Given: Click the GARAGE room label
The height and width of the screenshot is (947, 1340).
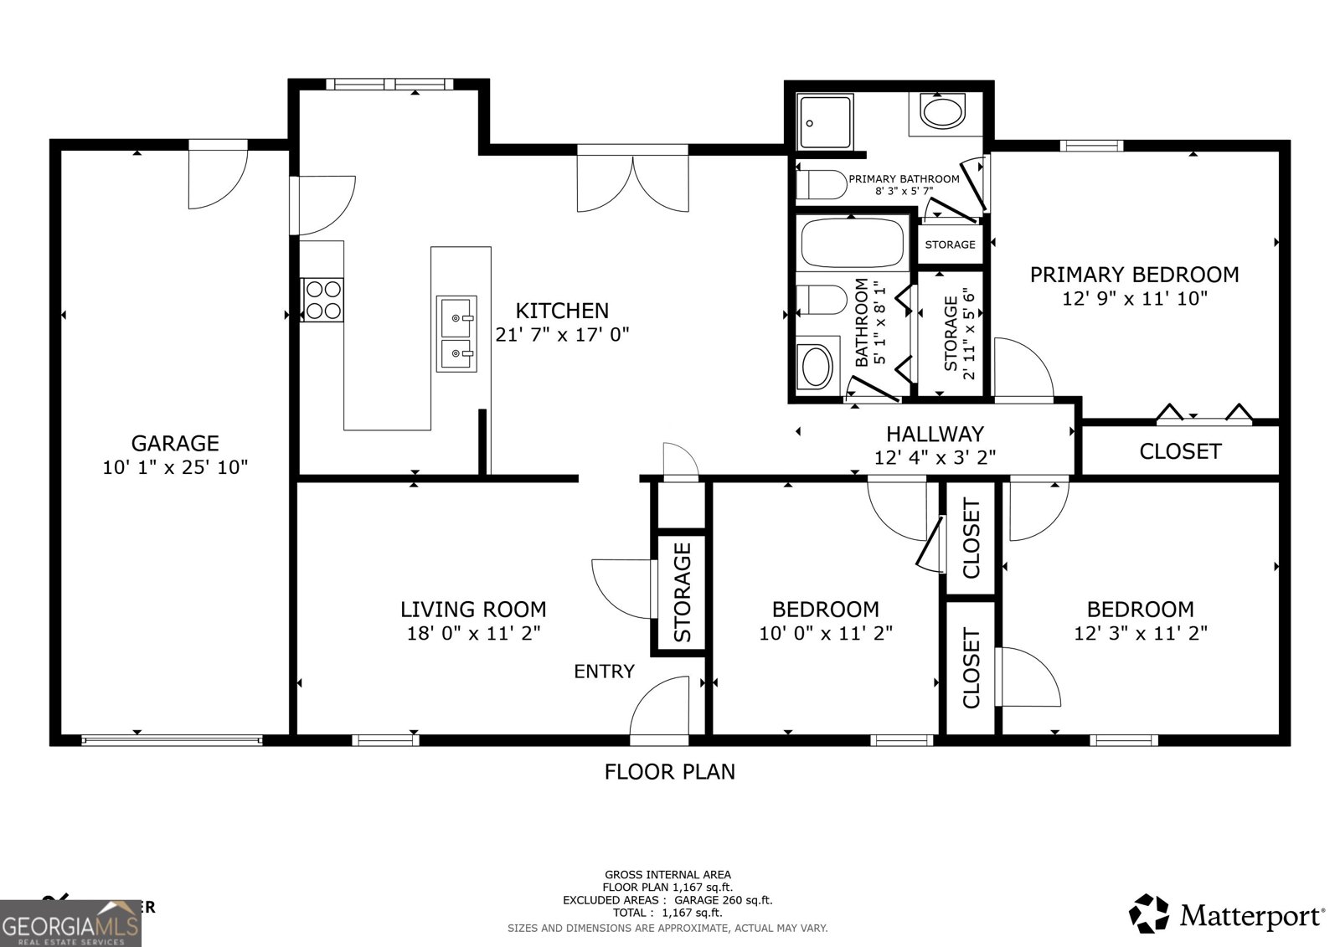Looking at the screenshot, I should [175, 443].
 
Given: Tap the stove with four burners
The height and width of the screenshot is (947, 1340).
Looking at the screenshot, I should [323, 300].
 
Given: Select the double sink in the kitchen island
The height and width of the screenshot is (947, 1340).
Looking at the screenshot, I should [456, 333].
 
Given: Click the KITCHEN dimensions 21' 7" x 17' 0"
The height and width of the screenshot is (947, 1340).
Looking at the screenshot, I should [562, 334].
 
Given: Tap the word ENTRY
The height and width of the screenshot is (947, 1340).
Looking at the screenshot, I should [604, 671].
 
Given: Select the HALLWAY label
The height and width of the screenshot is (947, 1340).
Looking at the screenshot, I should [935, 434].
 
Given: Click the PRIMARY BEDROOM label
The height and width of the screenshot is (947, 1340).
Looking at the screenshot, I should [1134, 275].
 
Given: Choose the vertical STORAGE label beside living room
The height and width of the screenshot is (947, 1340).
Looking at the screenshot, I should [683, 591].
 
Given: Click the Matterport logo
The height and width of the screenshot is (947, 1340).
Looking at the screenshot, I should [1227, 914].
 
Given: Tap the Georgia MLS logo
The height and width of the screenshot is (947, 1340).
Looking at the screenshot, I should [71, 924].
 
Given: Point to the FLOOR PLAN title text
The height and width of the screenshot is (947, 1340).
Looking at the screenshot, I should [669, 771].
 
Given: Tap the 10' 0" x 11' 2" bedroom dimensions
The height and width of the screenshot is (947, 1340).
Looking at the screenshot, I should [826, 633].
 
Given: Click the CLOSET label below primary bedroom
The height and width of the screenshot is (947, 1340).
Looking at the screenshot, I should [1180, 451].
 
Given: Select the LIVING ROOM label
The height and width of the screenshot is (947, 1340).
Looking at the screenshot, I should [473, 610].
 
